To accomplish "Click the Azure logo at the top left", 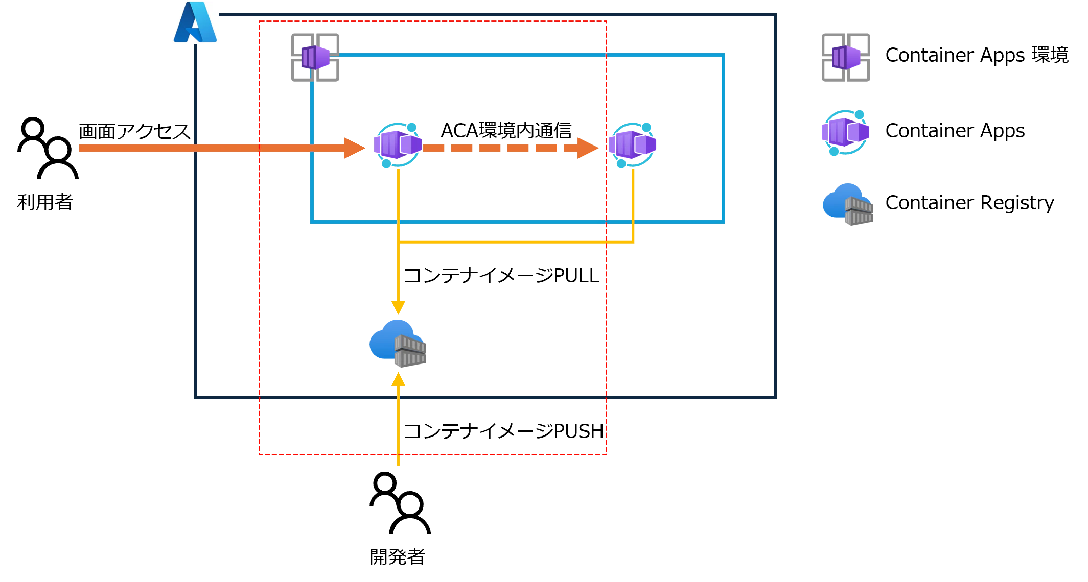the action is click(195, 22).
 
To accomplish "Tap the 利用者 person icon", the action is click(48, 148).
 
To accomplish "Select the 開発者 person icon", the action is click(400, 503).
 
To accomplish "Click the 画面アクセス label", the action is click(134, 131).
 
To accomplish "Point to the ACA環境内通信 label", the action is click(506, 130).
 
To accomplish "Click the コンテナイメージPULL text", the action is click(501, 276).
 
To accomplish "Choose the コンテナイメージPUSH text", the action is click(504, 431).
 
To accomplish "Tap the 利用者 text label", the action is click(45, 202).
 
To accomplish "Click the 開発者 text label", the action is click(398, 556).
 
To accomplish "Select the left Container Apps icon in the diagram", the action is click(398, 145).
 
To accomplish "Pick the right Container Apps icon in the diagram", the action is click(633, 145).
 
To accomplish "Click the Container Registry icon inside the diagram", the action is click(398, 344).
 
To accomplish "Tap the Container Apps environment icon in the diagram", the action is click(315, 57).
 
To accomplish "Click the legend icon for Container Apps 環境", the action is click(846, 57).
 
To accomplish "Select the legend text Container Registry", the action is click(969, 203).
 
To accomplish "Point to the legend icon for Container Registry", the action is click(848, 204).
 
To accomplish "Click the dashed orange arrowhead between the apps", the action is click(588, 148).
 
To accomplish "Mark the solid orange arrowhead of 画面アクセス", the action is click(354, 148).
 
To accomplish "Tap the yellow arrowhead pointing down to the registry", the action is click(398, 308).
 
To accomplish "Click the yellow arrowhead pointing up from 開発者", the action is click(398, 379).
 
